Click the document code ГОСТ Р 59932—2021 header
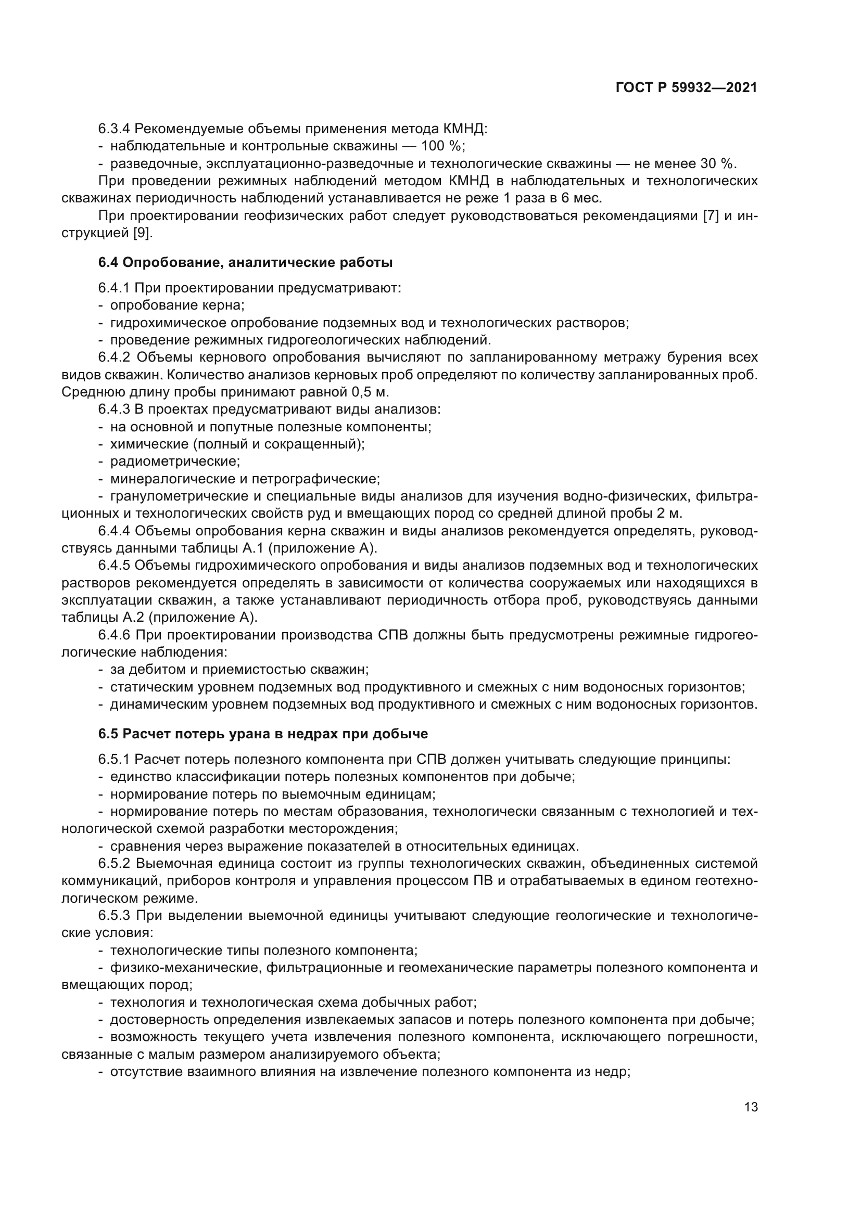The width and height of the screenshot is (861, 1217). coord(686,88)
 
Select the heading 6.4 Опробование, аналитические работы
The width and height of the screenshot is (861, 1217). coord(245,262)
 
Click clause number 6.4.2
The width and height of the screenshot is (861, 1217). coord(114,357)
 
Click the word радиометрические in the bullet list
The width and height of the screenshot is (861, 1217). coord(175,462)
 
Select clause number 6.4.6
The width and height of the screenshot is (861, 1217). coord(114,635)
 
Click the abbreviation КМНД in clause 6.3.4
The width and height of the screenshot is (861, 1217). coord(464,129)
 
